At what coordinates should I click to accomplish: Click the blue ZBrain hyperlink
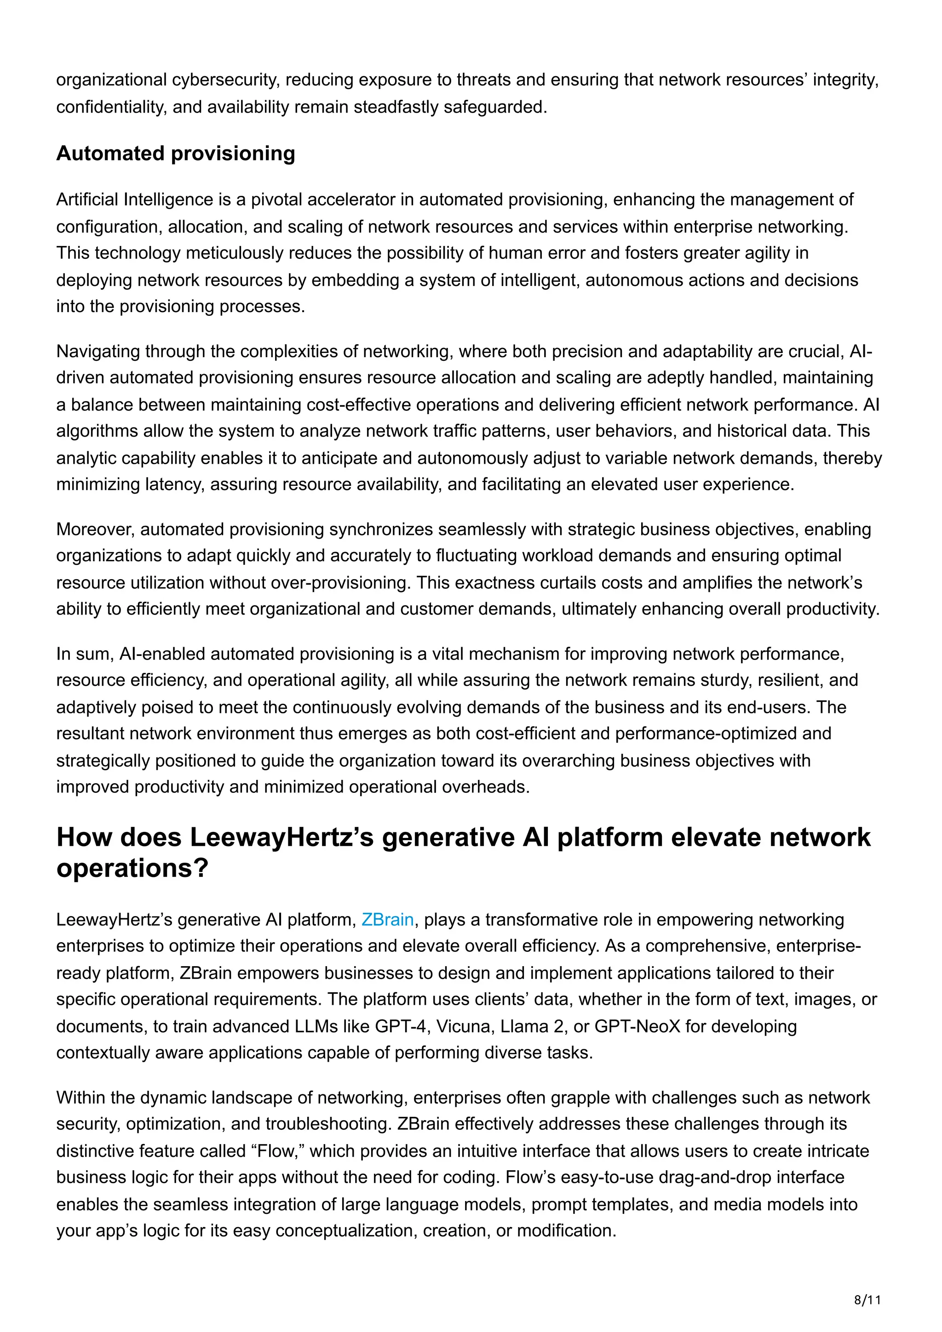pos(387,920)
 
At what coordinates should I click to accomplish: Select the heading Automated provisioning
pos(175,154)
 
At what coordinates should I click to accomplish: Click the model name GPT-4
pos(401,1026)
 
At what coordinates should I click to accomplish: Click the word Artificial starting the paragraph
pos(87,199)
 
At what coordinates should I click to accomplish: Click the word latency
pos(174,484)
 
